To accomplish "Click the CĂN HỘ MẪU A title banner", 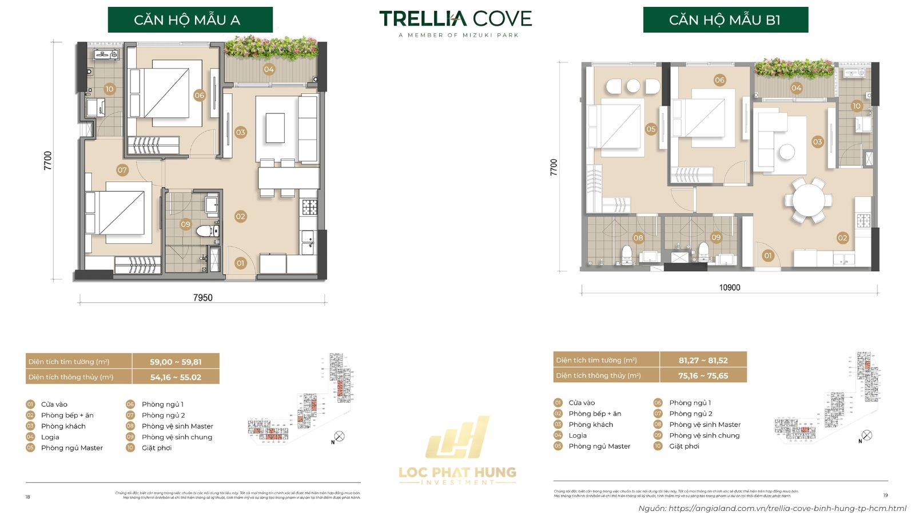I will click(190, 20).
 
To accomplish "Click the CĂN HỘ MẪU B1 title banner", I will click(725, 20).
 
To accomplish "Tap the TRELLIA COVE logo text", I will click(455, 19).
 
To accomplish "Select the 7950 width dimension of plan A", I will click(202, 298).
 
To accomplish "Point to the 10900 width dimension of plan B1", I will click(729, 287).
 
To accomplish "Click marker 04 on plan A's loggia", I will click(269, 69).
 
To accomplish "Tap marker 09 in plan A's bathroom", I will click(185, 224).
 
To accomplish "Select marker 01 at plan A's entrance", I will click(240, 263).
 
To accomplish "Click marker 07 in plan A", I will click(122, 170).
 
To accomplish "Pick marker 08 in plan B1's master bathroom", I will click(638, 237).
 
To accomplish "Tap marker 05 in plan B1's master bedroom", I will click(651, 129).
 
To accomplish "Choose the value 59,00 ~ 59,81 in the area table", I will click(176, 362).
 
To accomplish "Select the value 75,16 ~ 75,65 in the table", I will click(703, 375).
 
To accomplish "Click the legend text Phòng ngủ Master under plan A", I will click(72, 448).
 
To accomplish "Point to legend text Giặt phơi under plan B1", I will click(684, 446).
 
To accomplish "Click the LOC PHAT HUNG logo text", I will click(457, 473).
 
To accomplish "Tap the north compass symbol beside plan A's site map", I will click(339, 437).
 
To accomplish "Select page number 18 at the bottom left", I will click(27, 497).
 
